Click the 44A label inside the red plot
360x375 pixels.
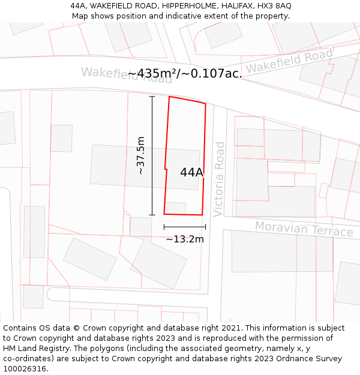click(x=192, y=173)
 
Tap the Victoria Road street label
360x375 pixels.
click(x=219, y=179)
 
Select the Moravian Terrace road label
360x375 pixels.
click(x=304, y=229)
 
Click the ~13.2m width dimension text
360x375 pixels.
click(x=185, y=239)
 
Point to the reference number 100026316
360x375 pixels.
click(x=25, y=369)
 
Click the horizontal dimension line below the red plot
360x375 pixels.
click(x=185, y=227)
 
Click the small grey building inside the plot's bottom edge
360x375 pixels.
click(x=175, y=208)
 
